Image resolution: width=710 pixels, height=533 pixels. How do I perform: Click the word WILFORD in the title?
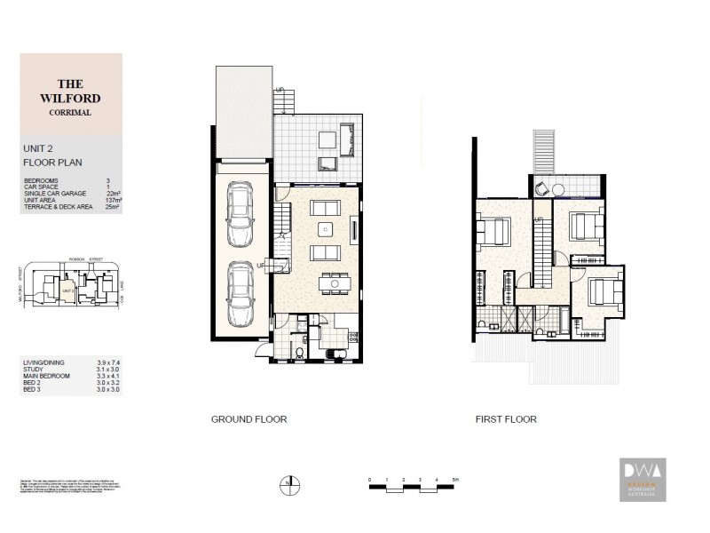point(70,99)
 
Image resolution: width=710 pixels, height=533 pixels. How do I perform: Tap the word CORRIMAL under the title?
point(70,113)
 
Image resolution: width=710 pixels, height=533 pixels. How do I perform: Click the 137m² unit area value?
point(113,202)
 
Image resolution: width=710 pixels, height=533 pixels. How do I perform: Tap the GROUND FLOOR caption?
point(248,419)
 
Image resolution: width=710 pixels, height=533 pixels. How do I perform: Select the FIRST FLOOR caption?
point(506,419)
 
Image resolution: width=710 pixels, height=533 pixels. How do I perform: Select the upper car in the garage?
point(239,214)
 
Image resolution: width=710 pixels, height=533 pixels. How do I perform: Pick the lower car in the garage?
point(239,293)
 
